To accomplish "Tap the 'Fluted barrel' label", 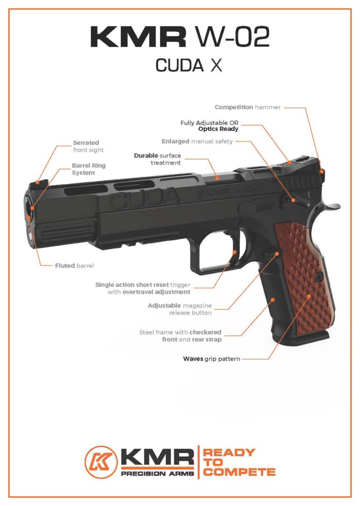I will [74, 265].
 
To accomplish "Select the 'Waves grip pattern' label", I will [212, 359].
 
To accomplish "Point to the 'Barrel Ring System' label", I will [89, 169].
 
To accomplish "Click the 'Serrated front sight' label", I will [89, 146].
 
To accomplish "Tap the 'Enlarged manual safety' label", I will [204, 141].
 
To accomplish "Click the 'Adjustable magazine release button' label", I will [180, 309].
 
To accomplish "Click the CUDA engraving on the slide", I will [143, 199].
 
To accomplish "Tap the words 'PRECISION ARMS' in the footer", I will [156, 473].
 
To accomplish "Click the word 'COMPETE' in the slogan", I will [239, 472].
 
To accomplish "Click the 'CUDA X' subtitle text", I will [188, 65].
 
